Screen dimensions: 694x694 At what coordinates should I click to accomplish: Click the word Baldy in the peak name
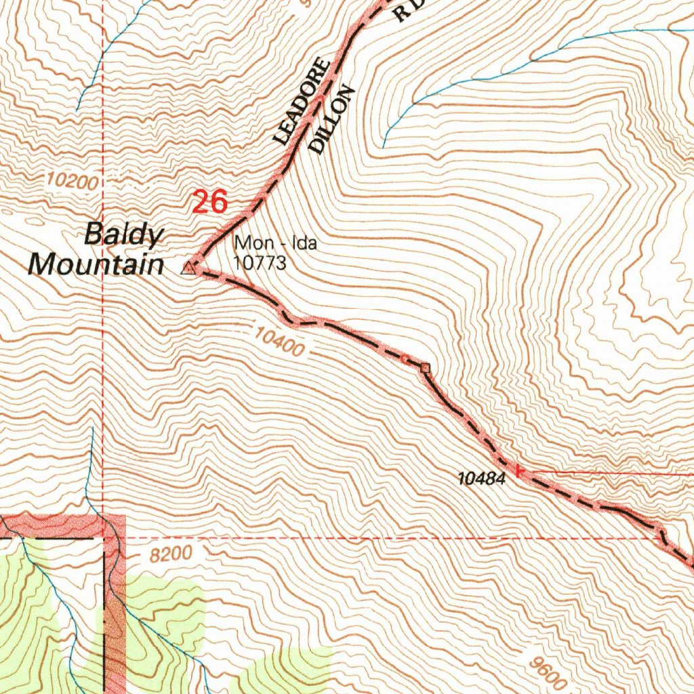point(123,236)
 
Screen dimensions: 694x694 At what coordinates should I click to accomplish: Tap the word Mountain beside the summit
point(96,264)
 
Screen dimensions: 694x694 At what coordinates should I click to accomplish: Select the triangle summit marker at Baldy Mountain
point(188,269)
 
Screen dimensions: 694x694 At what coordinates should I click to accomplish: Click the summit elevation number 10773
point(260,262)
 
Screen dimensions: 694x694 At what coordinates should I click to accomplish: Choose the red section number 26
point(209,203)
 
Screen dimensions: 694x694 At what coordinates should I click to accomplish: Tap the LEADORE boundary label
point(302,102)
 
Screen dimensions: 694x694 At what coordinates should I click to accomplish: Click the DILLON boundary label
point(331,119)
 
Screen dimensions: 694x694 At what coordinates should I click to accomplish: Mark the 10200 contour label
point(73,182)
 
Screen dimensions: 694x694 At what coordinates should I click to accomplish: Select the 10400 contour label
point(280,342)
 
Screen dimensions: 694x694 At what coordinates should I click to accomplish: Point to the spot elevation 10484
point(482,479)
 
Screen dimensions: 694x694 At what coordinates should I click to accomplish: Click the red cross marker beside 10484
point(519,470)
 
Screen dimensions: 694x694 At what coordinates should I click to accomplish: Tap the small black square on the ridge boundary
point(425,368)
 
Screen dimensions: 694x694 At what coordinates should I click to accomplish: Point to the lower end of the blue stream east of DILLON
point(384,145)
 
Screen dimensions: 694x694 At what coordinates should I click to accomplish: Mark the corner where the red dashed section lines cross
point(102,538)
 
